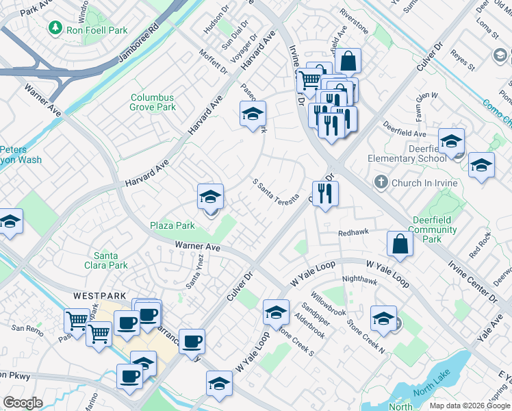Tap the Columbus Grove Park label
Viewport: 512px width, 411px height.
[153, 103]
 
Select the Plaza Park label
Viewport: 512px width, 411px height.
[172, 225]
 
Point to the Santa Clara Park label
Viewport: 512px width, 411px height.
[110, 260]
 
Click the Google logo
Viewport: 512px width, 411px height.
[23, 403]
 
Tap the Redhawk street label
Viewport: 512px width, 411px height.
[354, 233]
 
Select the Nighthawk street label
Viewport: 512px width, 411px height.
[359, 279]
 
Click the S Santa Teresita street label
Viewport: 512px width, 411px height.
[276, 193]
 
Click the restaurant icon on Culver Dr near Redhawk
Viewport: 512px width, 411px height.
[324, 193]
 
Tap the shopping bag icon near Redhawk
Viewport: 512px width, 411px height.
[399, 243]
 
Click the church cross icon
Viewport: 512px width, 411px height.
[381, 183]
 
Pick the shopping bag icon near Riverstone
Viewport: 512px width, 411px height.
[348, 61]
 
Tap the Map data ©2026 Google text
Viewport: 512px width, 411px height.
[469, 406]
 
